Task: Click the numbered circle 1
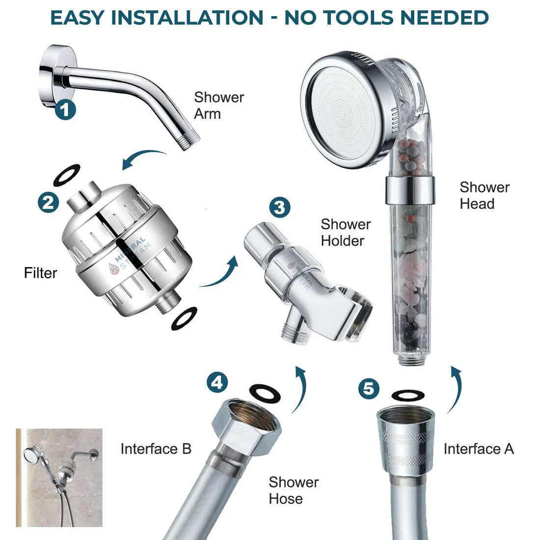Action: (65, 109)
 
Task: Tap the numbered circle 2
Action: (48, 202)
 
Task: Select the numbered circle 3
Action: (280, 207)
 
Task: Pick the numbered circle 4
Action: (217, 382)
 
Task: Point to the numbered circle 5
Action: (369, 388)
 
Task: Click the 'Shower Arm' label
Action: (219, 106)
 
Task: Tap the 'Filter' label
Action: (40, 273)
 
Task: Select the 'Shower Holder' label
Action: (346, 233)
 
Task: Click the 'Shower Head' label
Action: (485, 195)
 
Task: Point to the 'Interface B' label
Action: (156, 449)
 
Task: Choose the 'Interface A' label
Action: (479, 449)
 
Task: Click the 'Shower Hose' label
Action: (294, 490)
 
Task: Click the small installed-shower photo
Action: (59, 478)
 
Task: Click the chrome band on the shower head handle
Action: (410, 190)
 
